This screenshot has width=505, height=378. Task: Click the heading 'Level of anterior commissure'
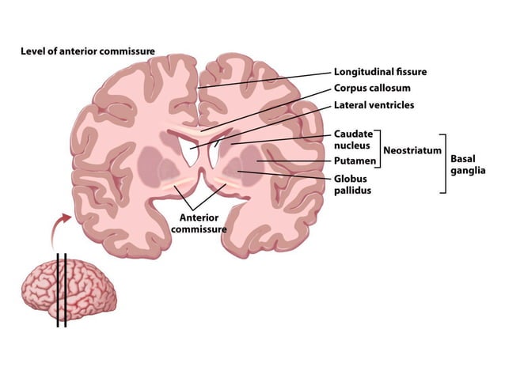tap(87, 51)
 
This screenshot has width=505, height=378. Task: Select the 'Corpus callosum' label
tap(374, 88)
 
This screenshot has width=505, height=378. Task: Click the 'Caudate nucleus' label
tap(353, 140)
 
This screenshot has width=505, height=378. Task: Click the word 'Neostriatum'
tap(412, 150)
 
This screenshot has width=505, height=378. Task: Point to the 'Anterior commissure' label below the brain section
tap(198, 222)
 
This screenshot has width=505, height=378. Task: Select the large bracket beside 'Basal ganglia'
tap(444, 163)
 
